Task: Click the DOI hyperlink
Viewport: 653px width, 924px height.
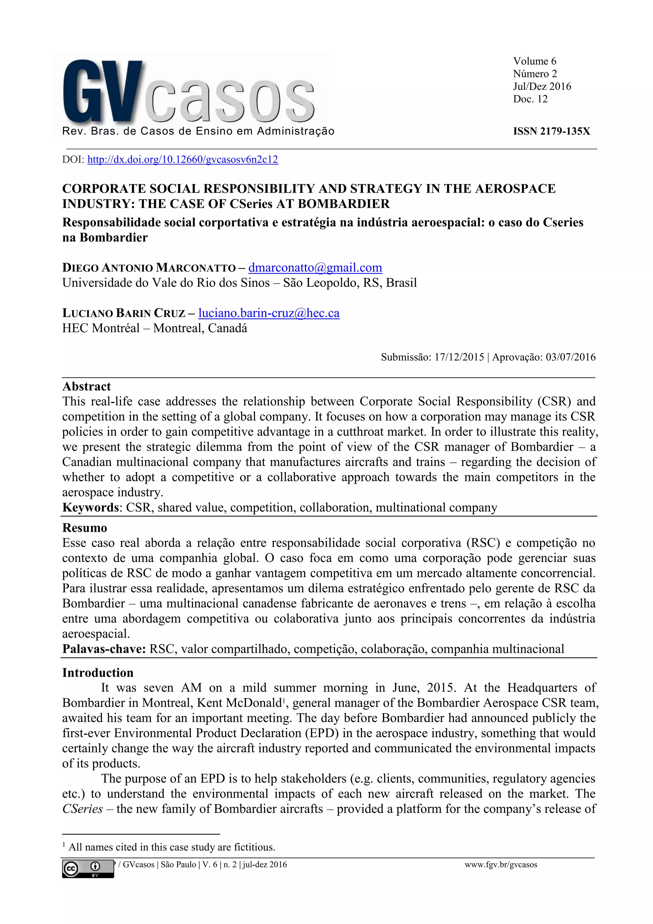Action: pos(182,159)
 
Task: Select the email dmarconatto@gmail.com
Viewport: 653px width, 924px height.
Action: pos(315,268)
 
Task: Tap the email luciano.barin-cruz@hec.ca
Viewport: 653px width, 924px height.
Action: pos(269,313)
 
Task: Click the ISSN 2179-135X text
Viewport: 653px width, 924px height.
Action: pos(551,131)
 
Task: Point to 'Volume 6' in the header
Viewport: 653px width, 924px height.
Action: pos(534,61)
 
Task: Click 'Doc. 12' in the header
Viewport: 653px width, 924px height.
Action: pos(530,99)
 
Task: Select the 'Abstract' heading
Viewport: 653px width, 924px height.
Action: pos(86,386)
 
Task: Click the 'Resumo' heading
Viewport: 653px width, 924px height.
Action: pos(84,528)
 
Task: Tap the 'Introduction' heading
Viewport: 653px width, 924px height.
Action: pos(98,672)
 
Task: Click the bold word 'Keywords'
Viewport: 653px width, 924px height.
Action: pos(91,507)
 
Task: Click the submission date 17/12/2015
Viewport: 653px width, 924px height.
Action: pos(459,357)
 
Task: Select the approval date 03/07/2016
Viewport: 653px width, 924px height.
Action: pos(570,357)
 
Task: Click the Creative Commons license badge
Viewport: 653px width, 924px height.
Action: pos(88,869)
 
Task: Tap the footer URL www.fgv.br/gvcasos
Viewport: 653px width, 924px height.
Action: pos(501,864)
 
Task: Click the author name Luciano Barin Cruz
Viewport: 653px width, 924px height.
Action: pos(123,313)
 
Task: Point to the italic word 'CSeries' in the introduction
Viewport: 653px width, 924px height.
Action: pos(83,809)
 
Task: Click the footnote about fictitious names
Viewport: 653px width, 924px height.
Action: pos(172,847)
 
